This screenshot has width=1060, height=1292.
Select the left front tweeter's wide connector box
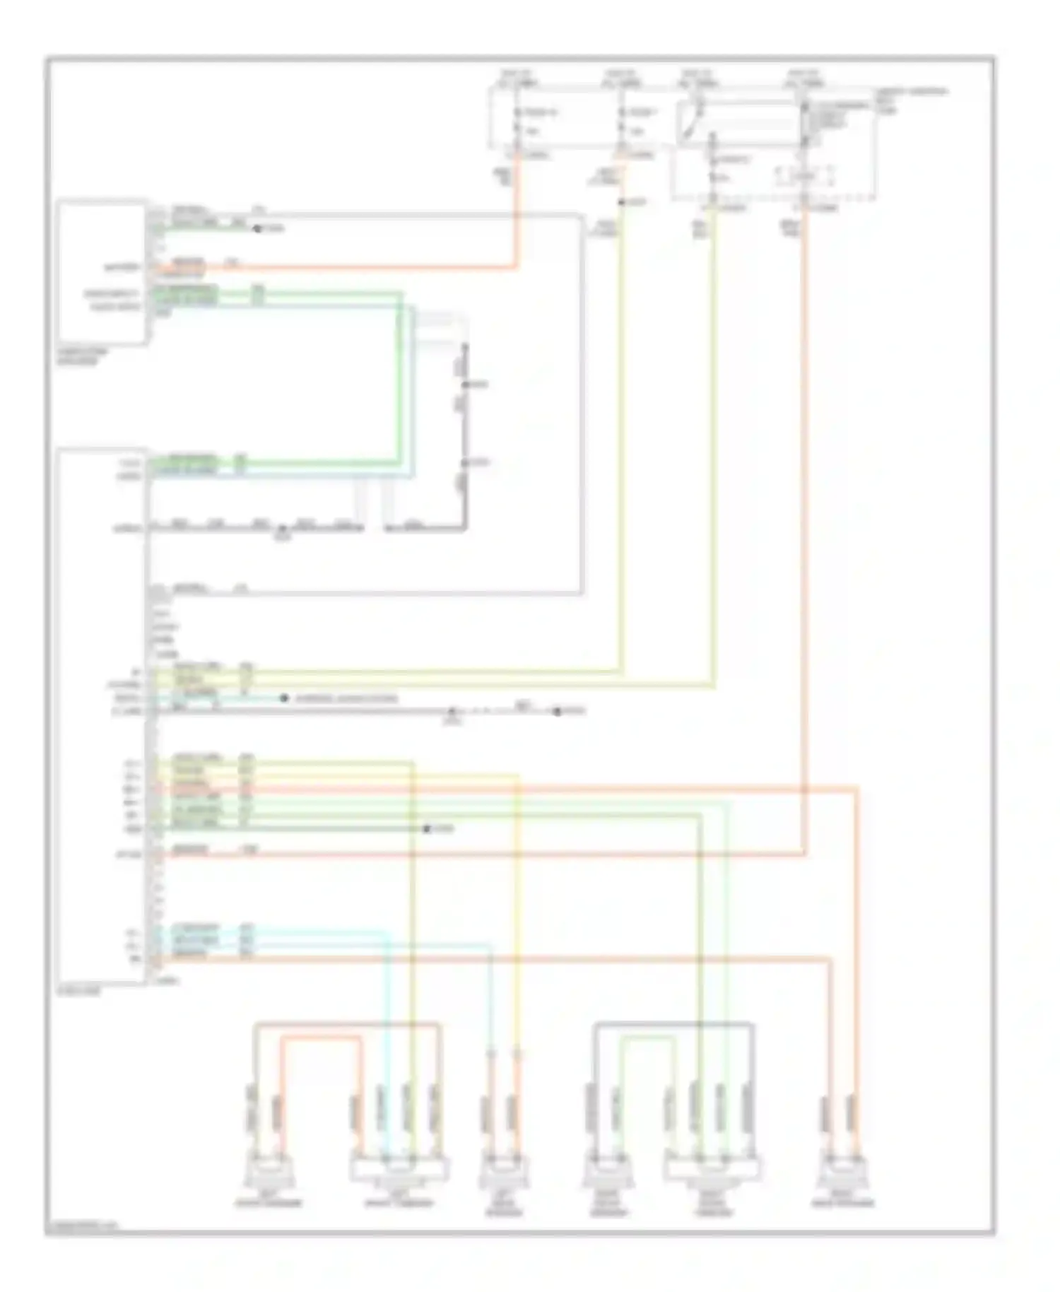point(399,1170)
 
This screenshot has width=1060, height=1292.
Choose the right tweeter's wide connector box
point(712,1170)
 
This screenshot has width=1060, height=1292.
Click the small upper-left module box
point(103,273)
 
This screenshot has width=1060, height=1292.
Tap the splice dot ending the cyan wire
point(284,698)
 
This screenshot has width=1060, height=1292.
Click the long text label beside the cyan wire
point(346,698)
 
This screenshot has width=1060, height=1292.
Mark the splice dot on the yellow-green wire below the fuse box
point(621,203)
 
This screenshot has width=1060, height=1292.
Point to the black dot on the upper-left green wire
point(257,229)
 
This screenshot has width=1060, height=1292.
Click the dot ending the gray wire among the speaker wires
point(427,828)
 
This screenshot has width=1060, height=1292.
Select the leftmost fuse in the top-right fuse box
point(518,121)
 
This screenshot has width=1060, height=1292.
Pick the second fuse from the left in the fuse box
point(621,121)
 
